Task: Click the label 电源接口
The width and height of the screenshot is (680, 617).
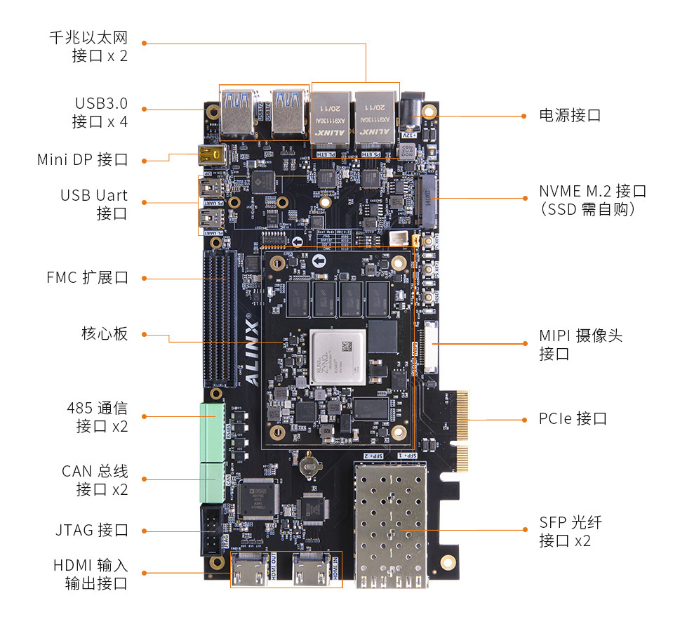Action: [569, 115]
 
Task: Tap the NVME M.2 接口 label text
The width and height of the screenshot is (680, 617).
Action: [592, 191]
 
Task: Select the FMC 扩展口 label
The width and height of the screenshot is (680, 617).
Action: [87, 277]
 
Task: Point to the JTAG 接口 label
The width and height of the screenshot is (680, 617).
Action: [91, 530]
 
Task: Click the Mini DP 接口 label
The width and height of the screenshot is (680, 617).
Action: [82, 160]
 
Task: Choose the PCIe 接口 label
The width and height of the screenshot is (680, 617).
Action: [573, 419]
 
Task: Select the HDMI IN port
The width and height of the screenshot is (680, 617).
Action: [313, 570]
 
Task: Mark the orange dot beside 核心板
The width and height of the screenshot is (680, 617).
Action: [145, 334]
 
